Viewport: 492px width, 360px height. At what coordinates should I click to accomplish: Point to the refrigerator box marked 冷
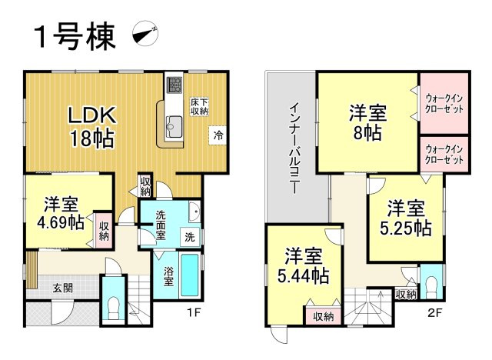pyautogui.click(x=218, y=135)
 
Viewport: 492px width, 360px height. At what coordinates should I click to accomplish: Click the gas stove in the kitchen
pyautogui.click(x=174, y=84)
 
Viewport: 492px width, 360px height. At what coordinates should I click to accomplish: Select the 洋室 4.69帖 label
pyautogui.click(x=62, y=214)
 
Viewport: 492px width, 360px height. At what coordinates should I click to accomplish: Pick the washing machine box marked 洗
pyautogui.click(x=189, y=237)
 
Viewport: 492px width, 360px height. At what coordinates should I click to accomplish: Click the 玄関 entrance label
pyautogui.click(x=62, y=288)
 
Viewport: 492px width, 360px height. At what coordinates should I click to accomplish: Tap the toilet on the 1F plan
pyautogui.click(x=114, y=308)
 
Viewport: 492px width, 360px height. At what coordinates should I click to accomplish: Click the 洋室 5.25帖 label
pyautogui.click(x=406, y=218)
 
